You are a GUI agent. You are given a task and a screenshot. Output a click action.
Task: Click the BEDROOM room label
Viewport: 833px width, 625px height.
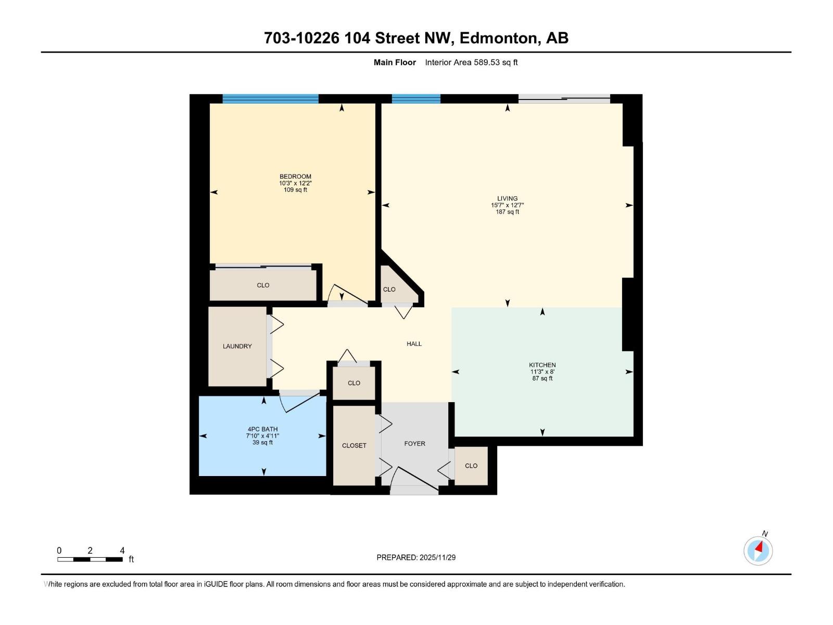[x=295, y=177]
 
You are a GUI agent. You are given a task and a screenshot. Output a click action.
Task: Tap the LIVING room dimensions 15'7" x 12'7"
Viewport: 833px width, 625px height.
[x=507, y=205]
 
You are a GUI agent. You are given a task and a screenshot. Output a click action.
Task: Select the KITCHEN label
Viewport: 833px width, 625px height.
[x=542, y=365]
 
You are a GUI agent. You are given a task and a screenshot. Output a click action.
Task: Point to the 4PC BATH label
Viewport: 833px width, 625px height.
[x=262, y=429]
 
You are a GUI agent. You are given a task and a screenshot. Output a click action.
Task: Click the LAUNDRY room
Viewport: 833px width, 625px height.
[x=237, y=346]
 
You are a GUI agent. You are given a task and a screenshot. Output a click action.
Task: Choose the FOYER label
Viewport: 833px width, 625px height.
[x=414, y=444]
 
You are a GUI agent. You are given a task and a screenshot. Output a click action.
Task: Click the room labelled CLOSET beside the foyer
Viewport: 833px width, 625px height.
[x=354, y=445]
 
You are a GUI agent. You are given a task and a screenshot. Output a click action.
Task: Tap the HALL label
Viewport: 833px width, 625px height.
[x=414, y=344]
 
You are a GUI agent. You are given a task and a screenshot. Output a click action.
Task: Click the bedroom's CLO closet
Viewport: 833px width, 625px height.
[x=263, y=285]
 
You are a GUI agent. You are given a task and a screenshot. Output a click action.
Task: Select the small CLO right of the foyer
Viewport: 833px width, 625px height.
[x=471, y=466]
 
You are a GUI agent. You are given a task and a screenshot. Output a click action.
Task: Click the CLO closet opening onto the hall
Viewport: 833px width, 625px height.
[x=354, y=383]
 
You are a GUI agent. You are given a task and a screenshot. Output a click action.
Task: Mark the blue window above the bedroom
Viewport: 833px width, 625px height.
[x=270, y=99]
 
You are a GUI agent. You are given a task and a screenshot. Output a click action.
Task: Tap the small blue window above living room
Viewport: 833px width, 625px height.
[x=416, y=99]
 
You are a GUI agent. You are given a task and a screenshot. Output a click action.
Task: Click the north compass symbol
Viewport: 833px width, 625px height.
[x=758, y=550]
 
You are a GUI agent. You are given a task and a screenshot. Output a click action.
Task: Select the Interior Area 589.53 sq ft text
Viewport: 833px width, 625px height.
[x=471, y=63]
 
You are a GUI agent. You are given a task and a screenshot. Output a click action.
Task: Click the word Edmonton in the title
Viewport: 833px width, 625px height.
[x=499, y=38]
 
